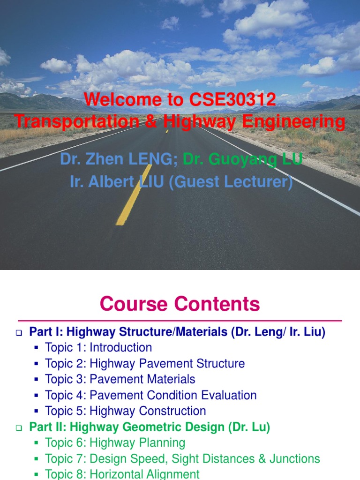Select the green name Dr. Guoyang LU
pyautogui.click(x=242, y=159)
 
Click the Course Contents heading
pyautogui.click(x=180, y=304)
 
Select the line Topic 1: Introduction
pyautogui.click(x=98, y=348)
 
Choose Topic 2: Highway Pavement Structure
pyautogui.click(x=144, y=364)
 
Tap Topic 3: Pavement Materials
pyautogui.click(x=120, y=379)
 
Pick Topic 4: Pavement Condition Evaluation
pyautogui.click(x=150, y=395)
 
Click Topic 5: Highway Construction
pyautogui.click(x=125, y=411)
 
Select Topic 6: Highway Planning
pyautogui.click(x=115, y=443)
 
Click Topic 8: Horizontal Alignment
pyautogui.click(x=122, y=474)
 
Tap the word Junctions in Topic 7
pyautogui.click(x=294, y=459)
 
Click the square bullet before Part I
pyautogui.click(x=19, y=333)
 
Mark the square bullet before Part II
pyautogui.click(x=19, y=428)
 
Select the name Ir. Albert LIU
pyautogui.click(x=114, y=181)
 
